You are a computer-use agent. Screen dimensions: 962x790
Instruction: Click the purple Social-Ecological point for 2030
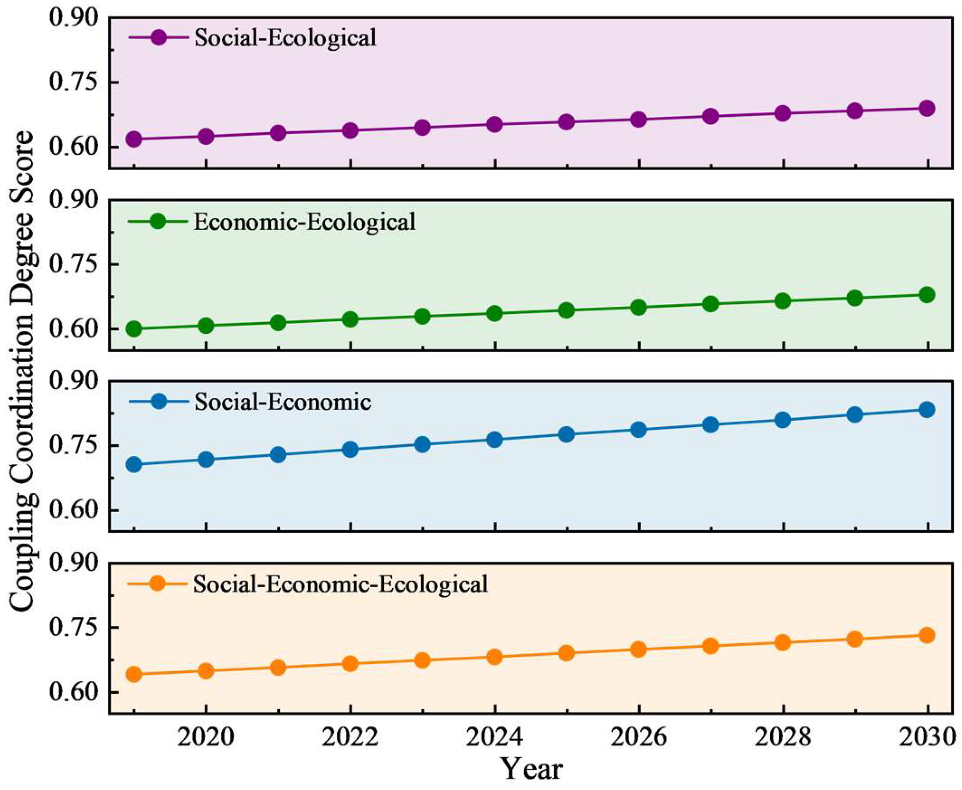coord(927,108)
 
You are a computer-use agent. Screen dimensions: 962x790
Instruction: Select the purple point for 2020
coord(206,137)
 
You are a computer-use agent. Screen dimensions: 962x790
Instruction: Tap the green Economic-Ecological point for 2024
coord(494,313)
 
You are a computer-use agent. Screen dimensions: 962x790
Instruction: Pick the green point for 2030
coord(927,295)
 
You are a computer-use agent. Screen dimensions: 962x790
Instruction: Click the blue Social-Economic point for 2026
coord(638,429)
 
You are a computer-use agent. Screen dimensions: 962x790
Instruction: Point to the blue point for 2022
coord(350,450)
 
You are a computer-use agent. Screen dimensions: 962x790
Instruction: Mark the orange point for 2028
coord(783,642)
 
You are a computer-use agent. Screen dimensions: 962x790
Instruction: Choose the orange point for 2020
coord(206,671)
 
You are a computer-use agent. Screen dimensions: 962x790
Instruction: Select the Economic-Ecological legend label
coord(304,222)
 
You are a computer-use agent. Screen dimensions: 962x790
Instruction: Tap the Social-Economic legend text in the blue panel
coord(283,402)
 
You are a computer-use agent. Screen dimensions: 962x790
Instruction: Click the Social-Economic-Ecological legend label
coord(341,585)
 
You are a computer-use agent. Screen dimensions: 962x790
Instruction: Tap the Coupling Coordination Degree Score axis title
coord(22,371)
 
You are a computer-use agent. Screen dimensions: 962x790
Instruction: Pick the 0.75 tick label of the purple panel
coord(74,82)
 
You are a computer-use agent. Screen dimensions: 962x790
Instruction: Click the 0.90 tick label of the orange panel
coord(74,562)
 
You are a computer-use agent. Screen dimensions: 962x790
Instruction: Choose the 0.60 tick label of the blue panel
coord(74,510)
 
